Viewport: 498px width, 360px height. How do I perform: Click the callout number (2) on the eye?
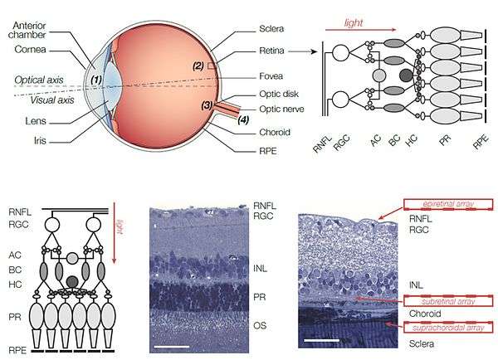198,64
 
